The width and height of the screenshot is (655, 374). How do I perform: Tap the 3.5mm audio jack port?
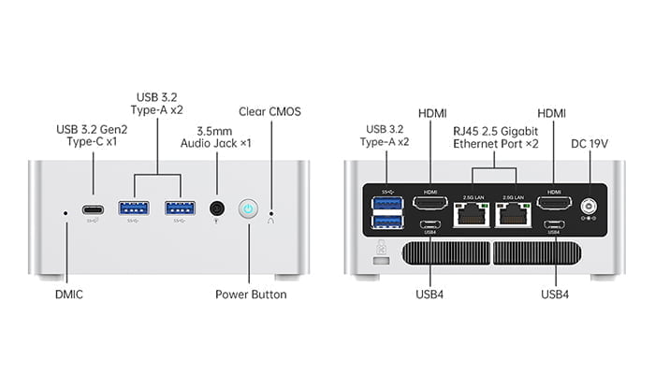pyautogui.click(x=217, y=209)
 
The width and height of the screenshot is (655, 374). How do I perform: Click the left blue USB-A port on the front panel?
pyautogui.click(x=133, y=207)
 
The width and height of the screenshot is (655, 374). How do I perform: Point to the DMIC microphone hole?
pyautogui.click(x=65, y=212)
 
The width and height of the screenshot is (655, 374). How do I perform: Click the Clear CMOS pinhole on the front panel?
pyautogui.click(x=271, y=212)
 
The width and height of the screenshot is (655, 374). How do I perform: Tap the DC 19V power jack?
pyautogui.click(x=589, y=207)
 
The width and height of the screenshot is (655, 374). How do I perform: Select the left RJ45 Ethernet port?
pyautogui.click(x=468, y=216)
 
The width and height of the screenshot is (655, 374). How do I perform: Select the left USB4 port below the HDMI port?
pyautogui.click(x=430, y=225)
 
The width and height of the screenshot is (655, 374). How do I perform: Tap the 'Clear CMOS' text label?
pyautogui.click(x=271, y=110)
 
